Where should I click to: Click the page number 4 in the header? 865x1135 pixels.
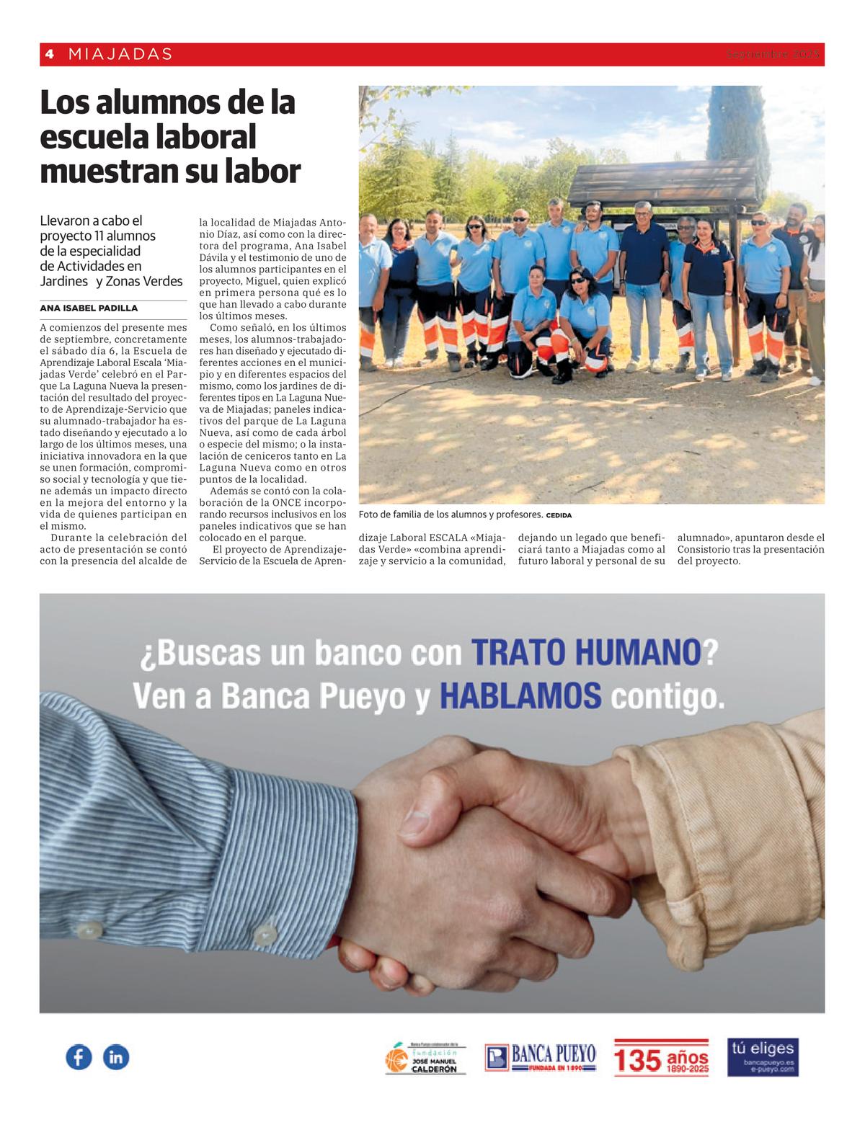(x=49, y=54)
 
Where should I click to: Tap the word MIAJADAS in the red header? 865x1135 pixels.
(x=120, y=54)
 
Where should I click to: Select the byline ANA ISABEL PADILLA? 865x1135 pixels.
(x=89, y=308)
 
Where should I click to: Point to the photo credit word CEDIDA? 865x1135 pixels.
(x=559, y=515)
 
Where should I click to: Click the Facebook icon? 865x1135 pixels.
(x=79, y=1057)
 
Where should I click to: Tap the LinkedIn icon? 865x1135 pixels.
(x=116, y=1057)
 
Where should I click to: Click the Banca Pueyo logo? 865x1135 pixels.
(x=541, y=1058)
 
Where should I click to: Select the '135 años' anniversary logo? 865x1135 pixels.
(x=661, y=1058)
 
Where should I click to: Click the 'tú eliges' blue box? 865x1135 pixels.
(x=762, y=1057)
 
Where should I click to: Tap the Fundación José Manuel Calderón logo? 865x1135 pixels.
(x=425, y=1058)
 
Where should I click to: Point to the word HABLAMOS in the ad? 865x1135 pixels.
(x=520, y=696)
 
